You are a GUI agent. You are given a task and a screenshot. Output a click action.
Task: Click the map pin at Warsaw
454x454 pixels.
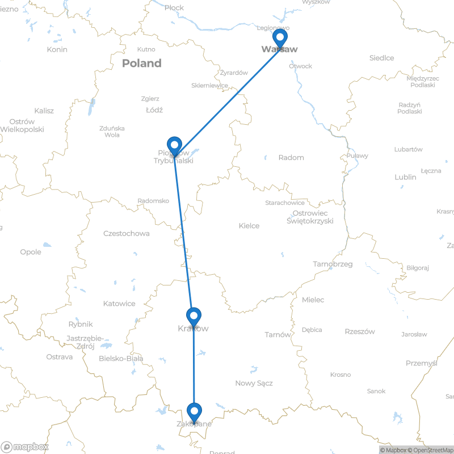pyautogui.click(x=279, y=38)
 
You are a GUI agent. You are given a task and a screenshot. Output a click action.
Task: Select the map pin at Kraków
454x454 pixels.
pyautogui.click(x=194, y=316)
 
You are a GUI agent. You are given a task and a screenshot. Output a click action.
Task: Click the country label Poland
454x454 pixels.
pyautogui.click(x=141, y=63)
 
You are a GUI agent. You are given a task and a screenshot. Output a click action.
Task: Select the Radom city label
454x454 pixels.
pyautogui.click(x=291, y=157)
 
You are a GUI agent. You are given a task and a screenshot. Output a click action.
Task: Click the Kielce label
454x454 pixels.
pyautogui.click(x=249, y=226)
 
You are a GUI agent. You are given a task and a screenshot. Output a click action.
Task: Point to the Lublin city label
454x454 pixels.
pyautogui.click(x=405, y=177)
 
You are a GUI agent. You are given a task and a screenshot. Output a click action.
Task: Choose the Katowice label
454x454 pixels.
pyautogui.click(x=119, y=304)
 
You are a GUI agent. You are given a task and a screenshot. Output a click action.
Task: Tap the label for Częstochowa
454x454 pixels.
pyautogui.click(x=127, y=233)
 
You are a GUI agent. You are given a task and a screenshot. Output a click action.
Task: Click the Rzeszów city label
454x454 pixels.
pyautogui.click(x=359, y=331)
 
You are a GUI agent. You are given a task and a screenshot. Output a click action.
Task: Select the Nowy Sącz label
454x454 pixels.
pyautogui.click(x=254, y=383)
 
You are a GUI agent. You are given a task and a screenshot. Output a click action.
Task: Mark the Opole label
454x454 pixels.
pyautogui.click(x=31, y=251)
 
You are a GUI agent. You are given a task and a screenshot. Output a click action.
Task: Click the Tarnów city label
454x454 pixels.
pyautogui.click(x=278, y=334)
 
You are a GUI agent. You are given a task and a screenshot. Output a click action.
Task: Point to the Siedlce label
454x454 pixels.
pyautogui.click(x=381, y=58)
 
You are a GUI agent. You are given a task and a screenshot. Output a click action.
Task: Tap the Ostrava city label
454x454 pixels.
pyautogui.click(x=60, y=357)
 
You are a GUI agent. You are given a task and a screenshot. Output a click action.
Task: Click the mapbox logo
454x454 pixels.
pyautogui.click(x=24, y=445)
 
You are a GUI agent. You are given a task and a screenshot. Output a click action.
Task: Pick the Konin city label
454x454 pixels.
pyautogui.click(x=57, y=49)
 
